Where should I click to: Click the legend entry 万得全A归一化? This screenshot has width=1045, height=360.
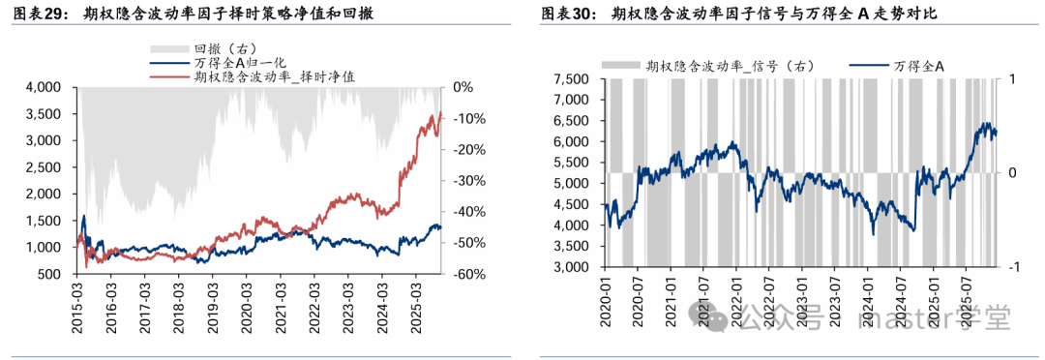click(237, 61)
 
